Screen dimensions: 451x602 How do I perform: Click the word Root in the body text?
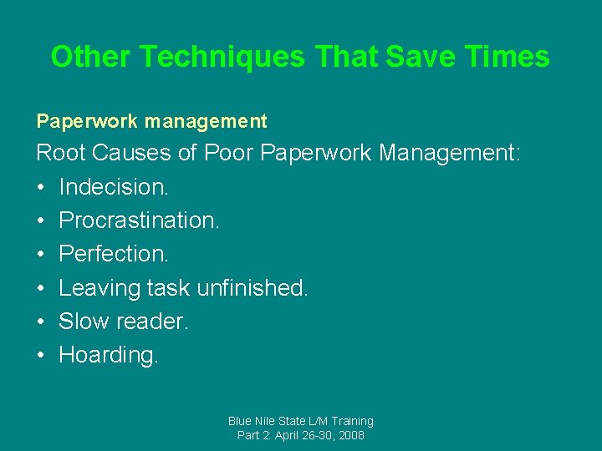click(62, 154)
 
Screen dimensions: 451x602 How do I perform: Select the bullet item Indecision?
click(114, 187)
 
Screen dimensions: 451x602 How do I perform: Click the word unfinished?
click(253, 288)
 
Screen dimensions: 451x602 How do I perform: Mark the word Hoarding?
click(108, 355)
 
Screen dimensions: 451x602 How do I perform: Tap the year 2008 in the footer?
click(350, 435)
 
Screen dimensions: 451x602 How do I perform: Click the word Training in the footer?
click(351, 421)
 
